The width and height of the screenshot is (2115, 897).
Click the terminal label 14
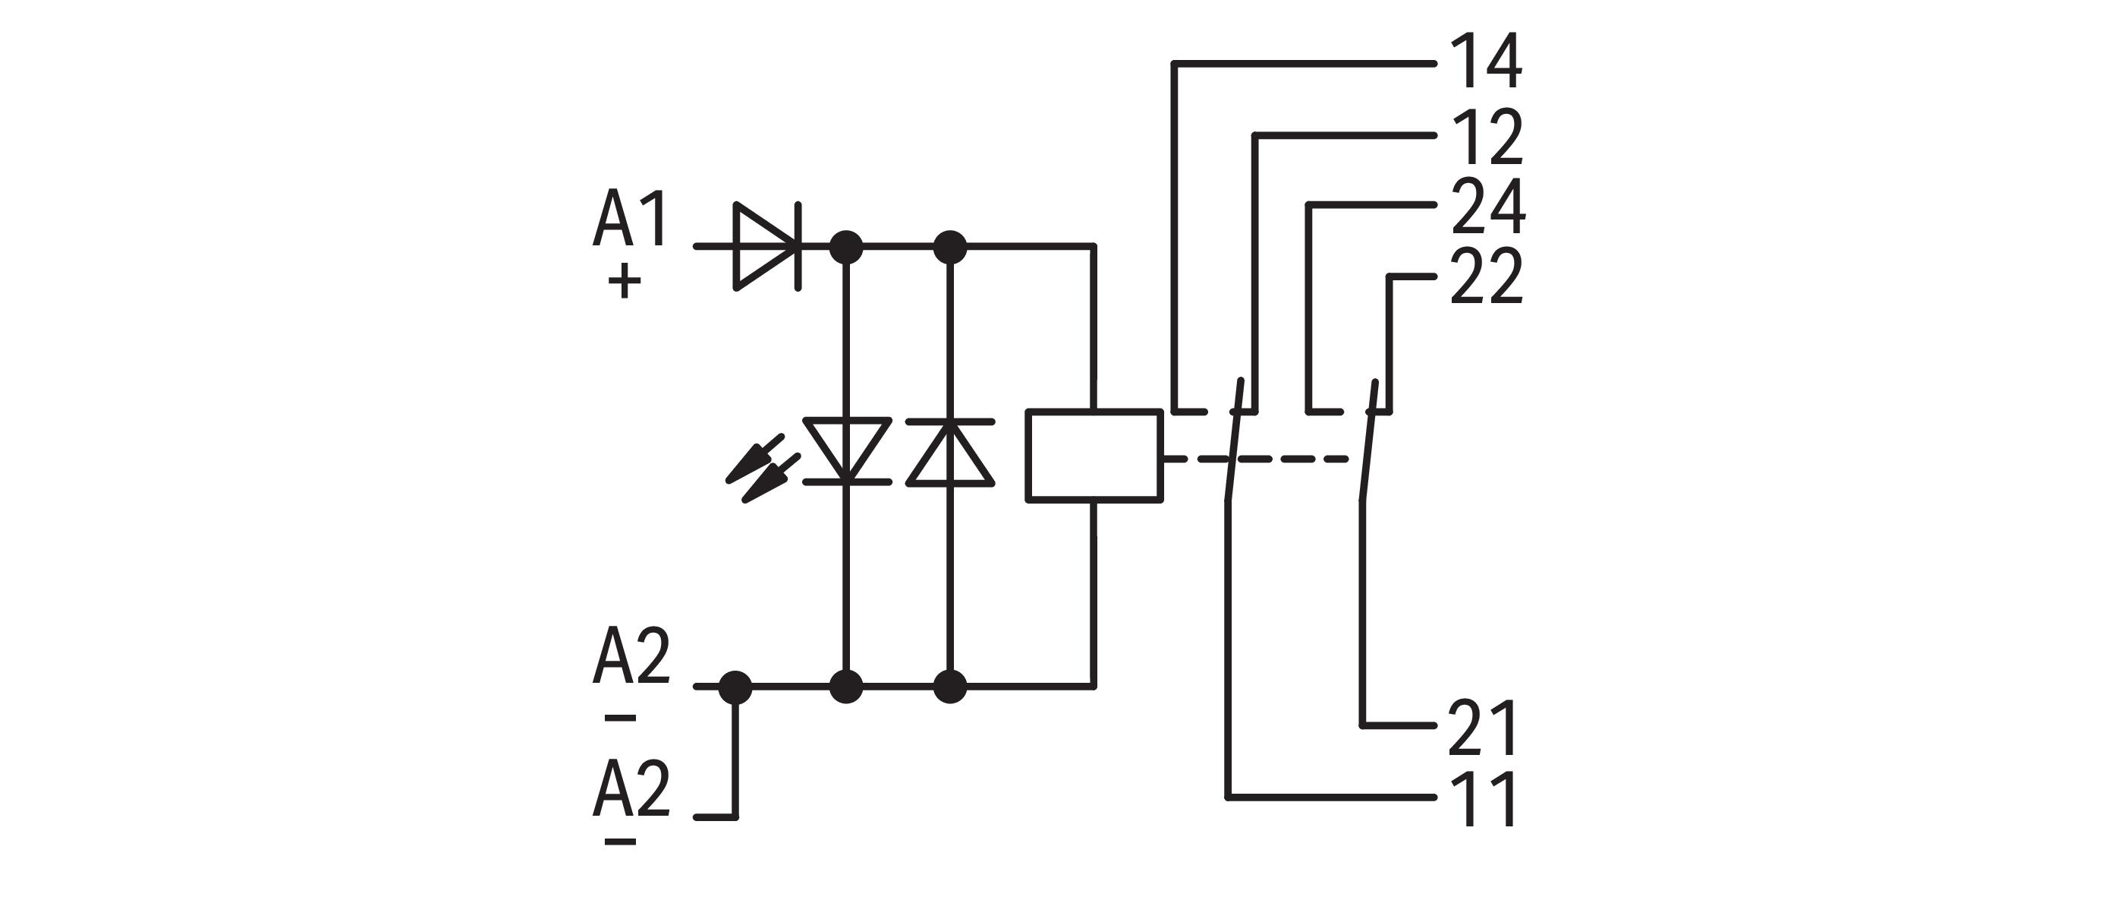(x=1486, y=62)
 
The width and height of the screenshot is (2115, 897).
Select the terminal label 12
(x=1486, y=137)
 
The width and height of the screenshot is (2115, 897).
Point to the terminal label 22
(x=1486, y=278)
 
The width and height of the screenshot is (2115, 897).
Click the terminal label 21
(x=1481, y=728)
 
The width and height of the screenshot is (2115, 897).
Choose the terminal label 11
(x=1483, y=798)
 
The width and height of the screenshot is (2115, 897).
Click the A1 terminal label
(x=631, y=220)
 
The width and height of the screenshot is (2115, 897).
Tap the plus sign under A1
(x=624, y=282)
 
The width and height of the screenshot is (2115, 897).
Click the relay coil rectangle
(x=1094, y=455)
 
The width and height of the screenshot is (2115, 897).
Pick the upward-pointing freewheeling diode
(x=950, y=452)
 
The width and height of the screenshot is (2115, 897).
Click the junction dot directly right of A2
(x=735, y=687)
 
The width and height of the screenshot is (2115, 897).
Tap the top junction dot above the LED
(x=846, y=245)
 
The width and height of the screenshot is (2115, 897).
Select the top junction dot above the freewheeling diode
(x=950, y=245)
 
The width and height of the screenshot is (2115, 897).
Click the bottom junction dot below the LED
(x=846, y=687)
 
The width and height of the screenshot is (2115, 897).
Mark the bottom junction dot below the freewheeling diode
(x=950, y=687)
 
